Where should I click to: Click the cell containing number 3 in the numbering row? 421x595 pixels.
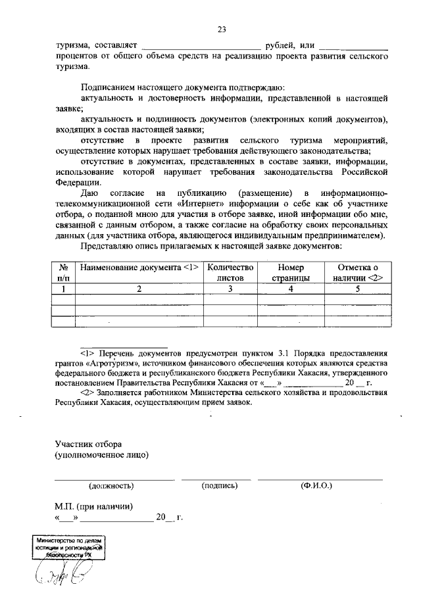click(x=230, y=289)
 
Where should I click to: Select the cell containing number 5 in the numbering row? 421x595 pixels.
click(x=358, y=289)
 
